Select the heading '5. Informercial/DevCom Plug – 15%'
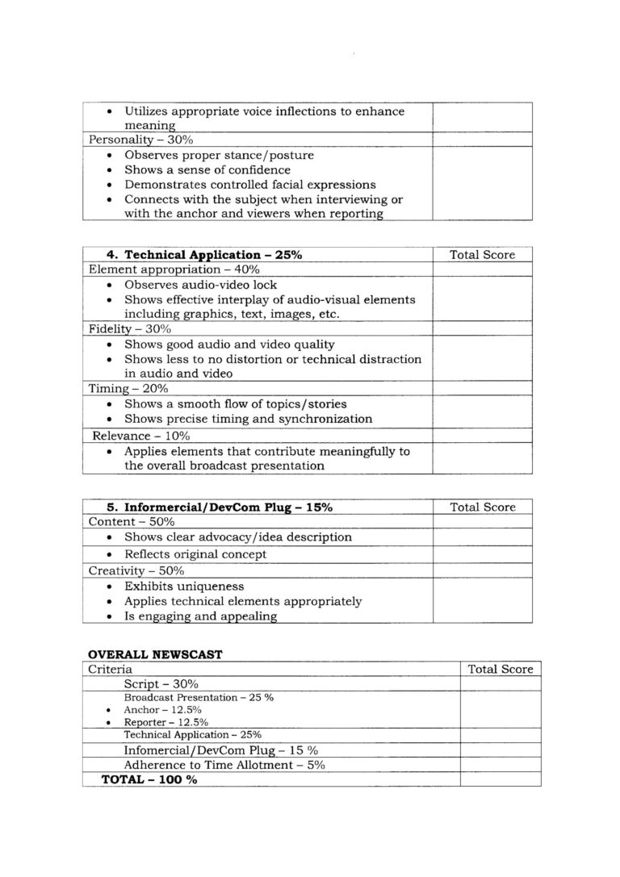click(x=220, y=507)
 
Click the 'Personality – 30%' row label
click(x=135, y=140)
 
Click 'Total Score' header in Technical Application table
click(x=482, y=254)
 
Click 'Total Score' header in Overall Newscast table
click(x=501, y=669)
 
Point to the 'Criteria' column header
click(x=111, y=669)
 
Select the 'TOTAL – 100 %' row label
click(x=149, y=779)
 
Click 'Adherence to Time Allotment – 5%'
click(x=224, y=765)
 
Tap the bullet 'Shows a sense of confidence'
click(x=207, y=170)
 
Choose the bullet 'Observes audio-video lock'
click(x=200, y=285)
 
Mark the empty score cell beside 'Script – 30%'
click(x=500, y=683)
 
